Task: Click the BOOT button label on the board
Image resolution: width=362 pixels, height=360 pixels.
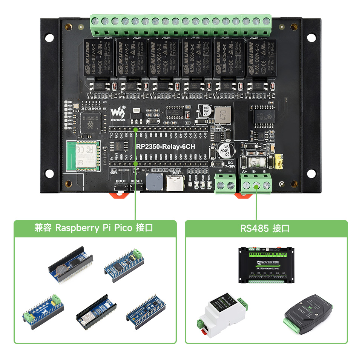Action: [x=121, y=181]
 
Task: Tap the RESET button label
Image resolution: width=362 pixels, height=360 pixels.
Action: [x=136, y=181]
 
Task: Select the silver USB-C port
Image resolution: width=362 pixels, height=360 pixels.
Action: [x=176, y=184]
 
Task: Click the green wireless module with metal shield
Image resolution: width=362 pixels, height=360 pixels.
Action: [x=83, y=156]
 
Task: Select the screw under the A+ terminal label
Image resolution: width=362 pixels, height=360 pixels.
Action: [x=246, y=185]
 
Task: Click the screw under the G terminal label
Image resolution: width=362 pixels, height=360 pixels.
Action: [x=267, y=185]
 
